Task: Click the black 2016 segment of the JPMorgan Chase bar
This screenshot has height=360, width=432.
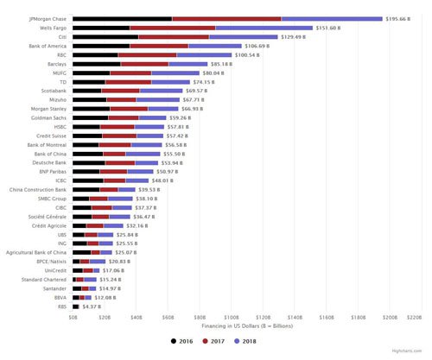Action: click(x=122, y=18)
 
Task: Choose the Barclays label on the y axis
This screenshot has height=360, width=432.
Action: click(x=56, y=63)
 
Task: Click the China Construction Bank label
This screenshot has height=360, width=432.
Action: click(x=38, y=188)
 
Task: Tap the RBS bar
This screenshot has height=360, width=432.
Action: click(x=75, y=305)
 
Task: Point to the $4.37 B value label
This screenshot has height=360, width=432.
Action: click(x=91, y=305)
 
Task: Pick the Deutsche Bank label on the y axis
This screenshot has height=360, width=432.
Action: click(x=51, y=161)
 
